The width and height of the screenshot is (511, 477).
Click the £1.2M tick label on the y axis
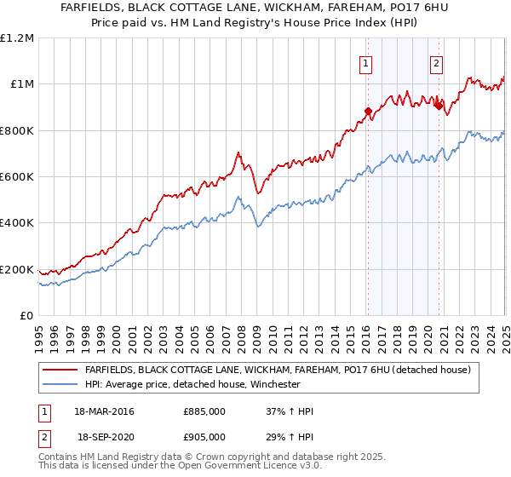coord(17,38)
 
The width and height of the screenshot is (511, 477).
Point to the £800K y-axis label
coord(17,131)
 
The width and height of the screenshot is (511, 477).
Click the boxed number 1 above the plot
coord(365,62)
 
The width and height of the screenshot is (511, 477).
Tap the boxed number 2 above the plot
coord(436,62)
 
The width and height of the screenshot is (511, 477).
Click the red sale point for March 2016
coord(368,111)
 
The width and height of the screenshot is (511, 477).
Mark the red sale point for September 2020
coord(439,106)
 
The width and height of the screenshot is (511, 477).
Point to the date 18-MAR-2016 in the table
coord(105,412)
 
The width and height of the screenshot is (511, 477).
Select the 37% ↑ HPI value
coord(290,412)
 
